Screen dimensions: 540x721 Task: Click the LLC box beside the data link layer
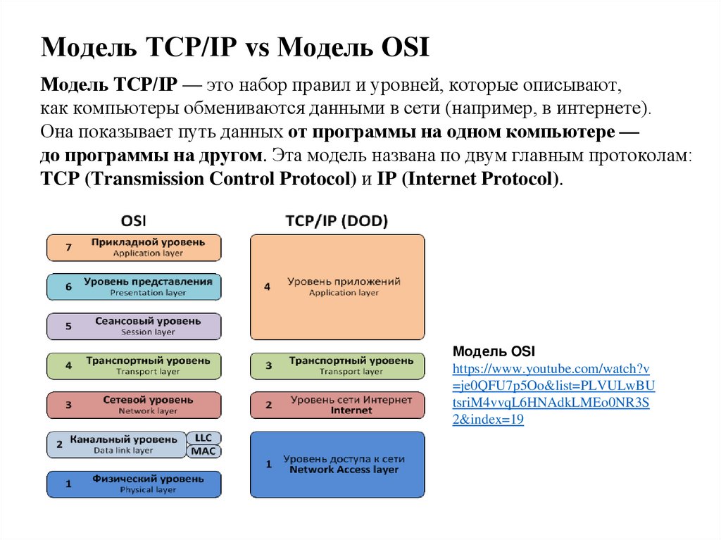click(203, 438)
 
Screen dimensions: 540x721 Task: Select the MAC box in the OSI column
click(203, 451)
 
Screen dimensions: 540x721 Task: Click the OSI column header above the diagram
click(133, 221)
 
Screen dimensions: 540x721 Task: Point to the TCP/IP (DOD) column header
click(337, 221)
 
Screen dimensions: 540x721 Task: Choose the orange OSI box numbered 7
click(134, 248)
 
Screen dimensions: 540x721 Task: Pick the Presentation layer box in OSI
click(134, 287)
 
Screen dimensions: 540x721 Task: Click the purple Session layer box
click(134, 326)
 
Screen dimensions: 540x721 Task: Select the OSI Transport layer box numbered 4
click(134, 366)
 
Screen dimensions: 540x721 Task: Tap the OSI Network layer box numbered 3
click(134, 405)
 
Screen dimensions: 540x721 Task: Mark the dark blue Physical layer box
click(134, 484)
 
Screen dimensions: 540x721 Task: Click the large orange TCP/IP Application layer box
click(337, 287)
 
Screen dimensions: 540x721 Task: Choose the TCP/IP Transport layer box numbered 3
click(337, 366)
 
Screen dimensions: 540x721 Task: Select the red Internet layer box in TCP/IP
click(337, 405)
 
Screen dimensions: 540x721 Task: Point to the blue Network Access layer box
click(337, 465)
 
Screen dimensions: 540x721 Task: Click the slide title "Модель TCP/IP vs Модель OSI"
click(234, 49)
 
